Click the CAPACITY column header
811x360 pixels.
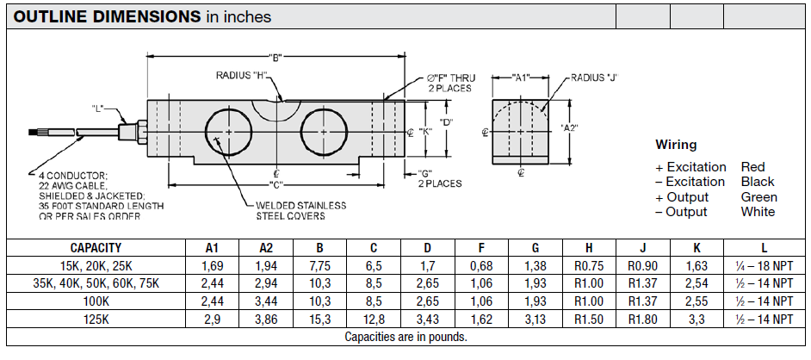click(x=96, y=247)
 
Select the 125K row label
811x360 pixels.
click(x=96, y=319)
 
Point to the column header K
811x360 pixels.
click(x=696, y=247)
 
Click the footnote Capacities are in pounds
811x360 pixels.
click(x=405, y=337)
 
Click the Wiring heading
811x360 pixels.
click(x=676, y=145)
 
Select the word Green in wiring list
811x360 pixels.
click(x=758, y=196)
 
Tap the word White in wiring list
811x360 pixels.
click(x=758, y=212)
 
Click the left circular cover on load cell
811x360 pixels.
click(x=228, y=131)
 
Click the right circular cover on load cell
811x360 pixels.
click(x=325, y=131)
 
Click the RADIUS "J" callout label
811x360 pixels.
click(x=594, y=78)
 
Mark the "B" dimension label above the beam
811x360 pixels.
click(x=276, y=58)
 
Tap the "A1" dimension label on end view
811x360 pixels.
click(x=520, y=78)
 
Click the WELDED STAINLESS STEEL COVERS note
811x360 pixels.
click(x=301, y=211)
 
